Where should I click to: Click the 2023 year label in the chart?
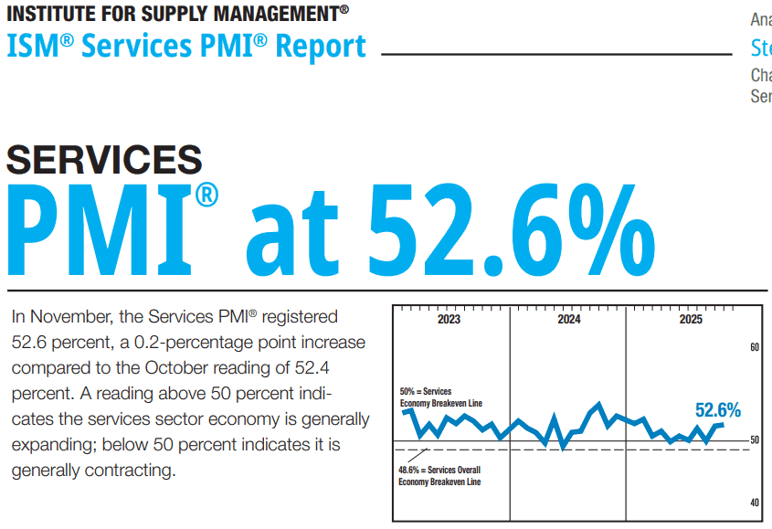(x=449, y=320)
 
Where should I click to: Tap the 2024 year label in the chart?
(x=568, y=320)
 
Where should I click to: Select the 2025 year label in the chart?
(x=691, y=320)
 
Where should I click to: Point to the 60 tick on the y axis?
(x=755, y=348)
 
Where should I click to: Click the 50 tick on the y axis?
(x=755, y=440)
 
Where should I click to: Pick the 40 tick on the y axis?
(x=755, y=503)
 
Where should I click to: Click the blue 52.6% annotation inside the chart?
(x=717, y=410)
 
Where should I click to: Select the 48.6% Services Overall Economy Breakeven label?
(x=439, y=476)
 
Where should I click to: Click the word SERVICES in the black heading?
(x=104, y=159)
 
